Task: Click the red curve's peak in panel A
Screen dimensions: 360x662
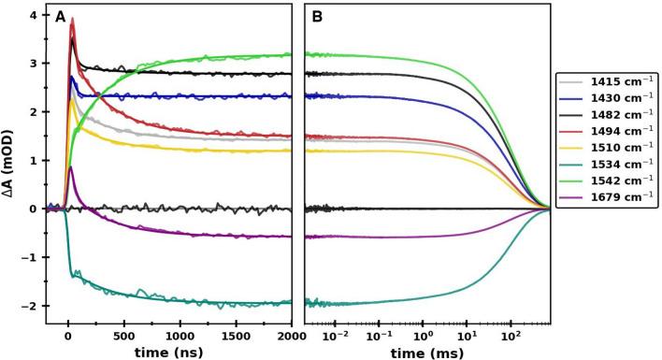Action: coord(73,19)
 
